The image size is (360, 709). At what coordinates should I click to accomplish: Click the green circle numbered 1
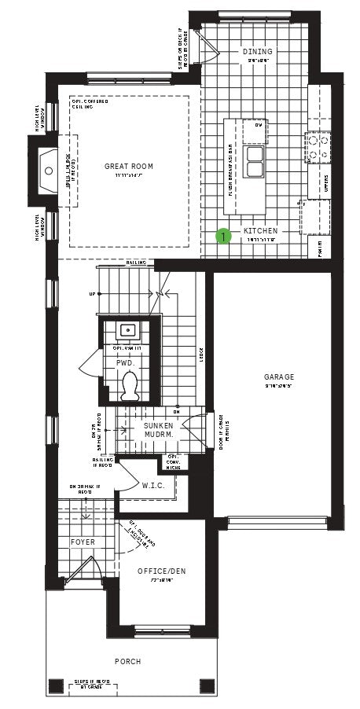[223, 234]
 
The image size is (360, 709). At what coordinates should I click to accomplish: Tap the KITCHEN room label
[260, 231]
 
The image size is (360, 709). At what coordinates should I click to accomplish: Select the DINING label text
[257, 51]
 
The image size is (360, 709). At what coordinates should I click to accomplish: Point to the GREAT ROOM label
[129, 167]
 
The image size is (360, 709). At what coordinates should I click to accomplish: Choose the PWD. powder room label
[126, 365]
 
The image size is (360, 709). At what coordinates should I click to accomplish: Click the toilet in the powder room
[131, 384]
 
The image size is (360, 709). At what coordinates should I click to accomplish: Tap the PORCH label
[127, 662]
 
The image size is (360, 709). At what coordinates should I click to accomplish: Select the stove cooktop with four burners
[316, 146]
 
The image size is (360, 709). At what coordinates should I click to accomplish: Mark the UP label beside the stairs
[93, 295]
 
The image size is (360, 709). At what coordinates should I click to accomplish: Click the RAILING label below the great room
[137, 263]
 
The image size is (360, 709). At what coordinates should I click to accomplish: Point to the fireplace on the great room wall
[43, 166]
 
